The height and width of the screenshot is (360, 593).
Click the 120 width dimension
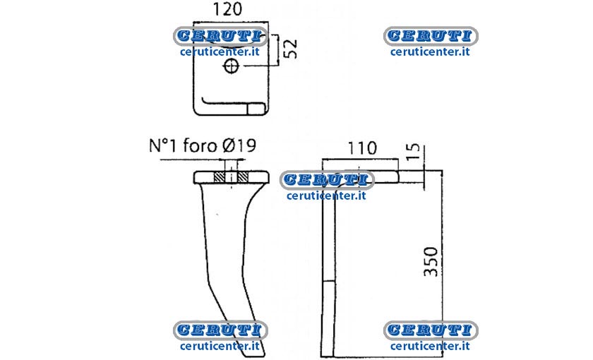(227, 9)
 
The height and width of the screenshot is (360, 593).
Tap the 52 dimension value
(290, 49)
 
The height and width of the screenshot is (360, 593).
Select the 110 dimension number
(362, 148)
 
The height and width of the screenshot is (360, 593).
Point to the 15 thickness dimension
(414, 151)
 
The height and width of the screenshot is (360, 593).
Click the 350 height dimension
(431, 261)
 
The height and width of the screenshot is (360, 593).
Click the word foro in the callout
(200, 145)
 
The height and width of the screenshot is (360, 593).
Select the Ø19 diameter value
(239, 145)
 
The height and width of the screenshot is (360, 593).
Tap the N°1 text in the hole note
(163, 145)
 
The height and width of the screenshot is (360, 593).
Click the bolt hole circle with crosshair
(231, 66)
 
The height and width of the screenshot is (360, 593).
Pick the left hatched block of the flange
(220, 177)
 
